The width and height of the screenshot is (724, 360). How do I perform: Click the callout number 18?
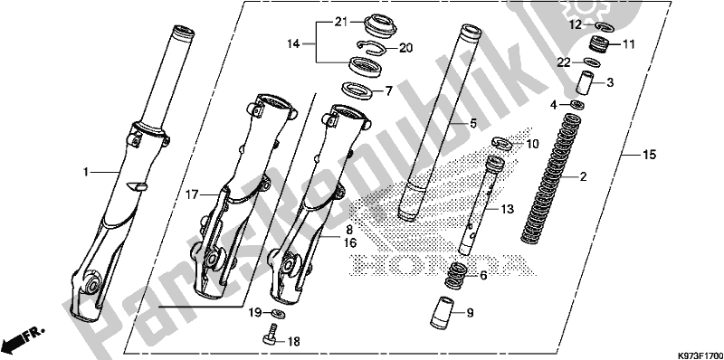pyautogui.click(x=293, y=342)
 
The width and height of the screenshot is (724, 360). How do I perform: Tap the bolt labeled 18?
pyautogui.click(x=270, y=334)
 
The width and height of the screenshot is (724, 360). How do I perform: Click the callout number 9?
pyautogui.click(x=470, y=313)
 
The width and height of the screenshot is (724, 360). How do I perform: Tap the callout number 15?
pyautogui.click(x=649, y=155)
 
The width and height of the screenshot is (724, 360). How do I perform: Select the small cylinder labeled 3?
pyautogui.click(x=585, y=83)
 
